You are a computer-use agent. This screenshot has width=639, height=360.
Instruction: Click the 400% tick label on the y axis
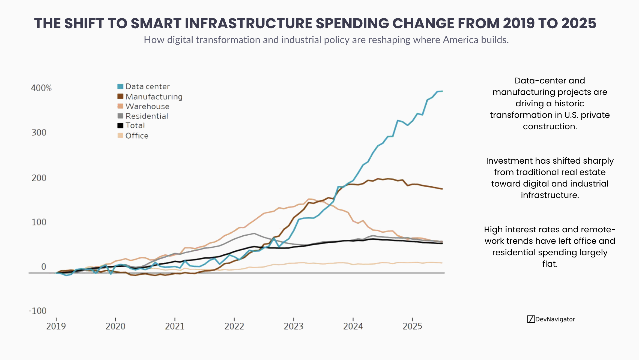click(41, 88)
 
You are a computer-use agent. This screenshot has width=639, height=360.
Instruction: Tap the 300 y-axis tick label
click(39, 133)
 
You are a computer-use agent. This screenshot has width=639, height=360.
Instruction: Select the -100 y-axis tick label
click(38, 311)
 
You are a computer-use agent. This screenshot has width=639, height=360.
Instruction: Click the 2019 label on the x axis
click(56, 326)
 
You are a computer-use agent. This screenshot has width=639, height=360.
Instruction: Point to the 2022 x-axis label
click(234, 326)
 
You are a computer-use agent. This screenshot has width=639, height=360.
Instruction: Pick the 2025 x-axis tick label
click(412, 326)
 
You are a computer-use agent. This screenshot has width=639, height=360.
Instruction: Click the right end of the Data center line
click(442, 91)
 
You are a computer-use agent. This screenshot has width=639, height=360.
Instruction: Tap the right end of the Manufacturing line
click(442, 189)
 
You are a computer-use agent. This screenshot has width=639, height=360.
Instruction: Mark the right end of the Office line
click(442, 263)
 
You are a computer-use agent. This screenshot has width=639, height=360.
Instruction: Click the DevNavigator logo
click(551, 319)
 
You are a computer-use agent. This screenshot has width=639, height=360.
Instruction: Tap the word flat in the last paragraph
click(550, 264)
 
